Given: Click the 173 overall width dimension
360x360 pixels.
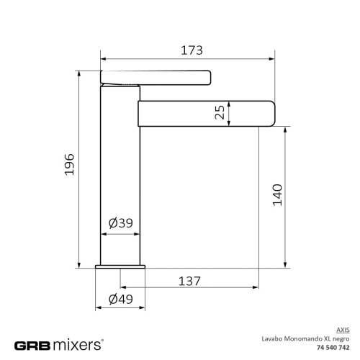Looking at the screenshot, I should pyautogui.click(x=191, y=50).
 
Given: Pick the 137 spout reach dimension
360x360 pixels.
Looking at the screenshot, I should pyautogui.click(x=189, y=282).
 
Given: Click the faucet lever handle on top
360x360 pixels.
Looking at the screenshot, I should pyautogui.click(x=155, y=76).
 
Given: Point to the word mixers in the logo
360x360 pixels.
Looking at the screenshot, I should pyautogui.click(x=78, y=345).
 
